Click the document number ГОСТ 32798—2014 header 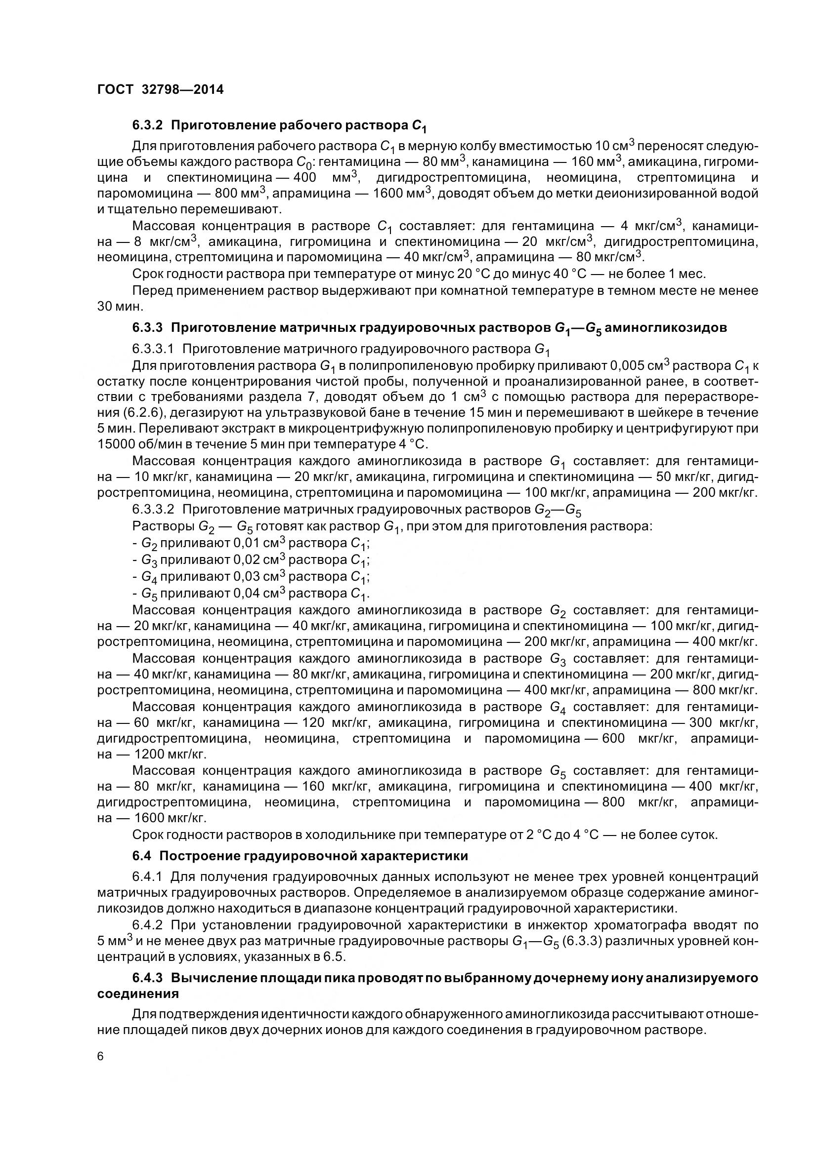tap(160, 89)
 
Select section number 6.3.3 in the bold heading tap(147, 328)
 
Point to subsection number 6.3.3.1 tap(153, 349)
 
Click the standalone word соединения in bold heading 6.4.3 tap(137, 994)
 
